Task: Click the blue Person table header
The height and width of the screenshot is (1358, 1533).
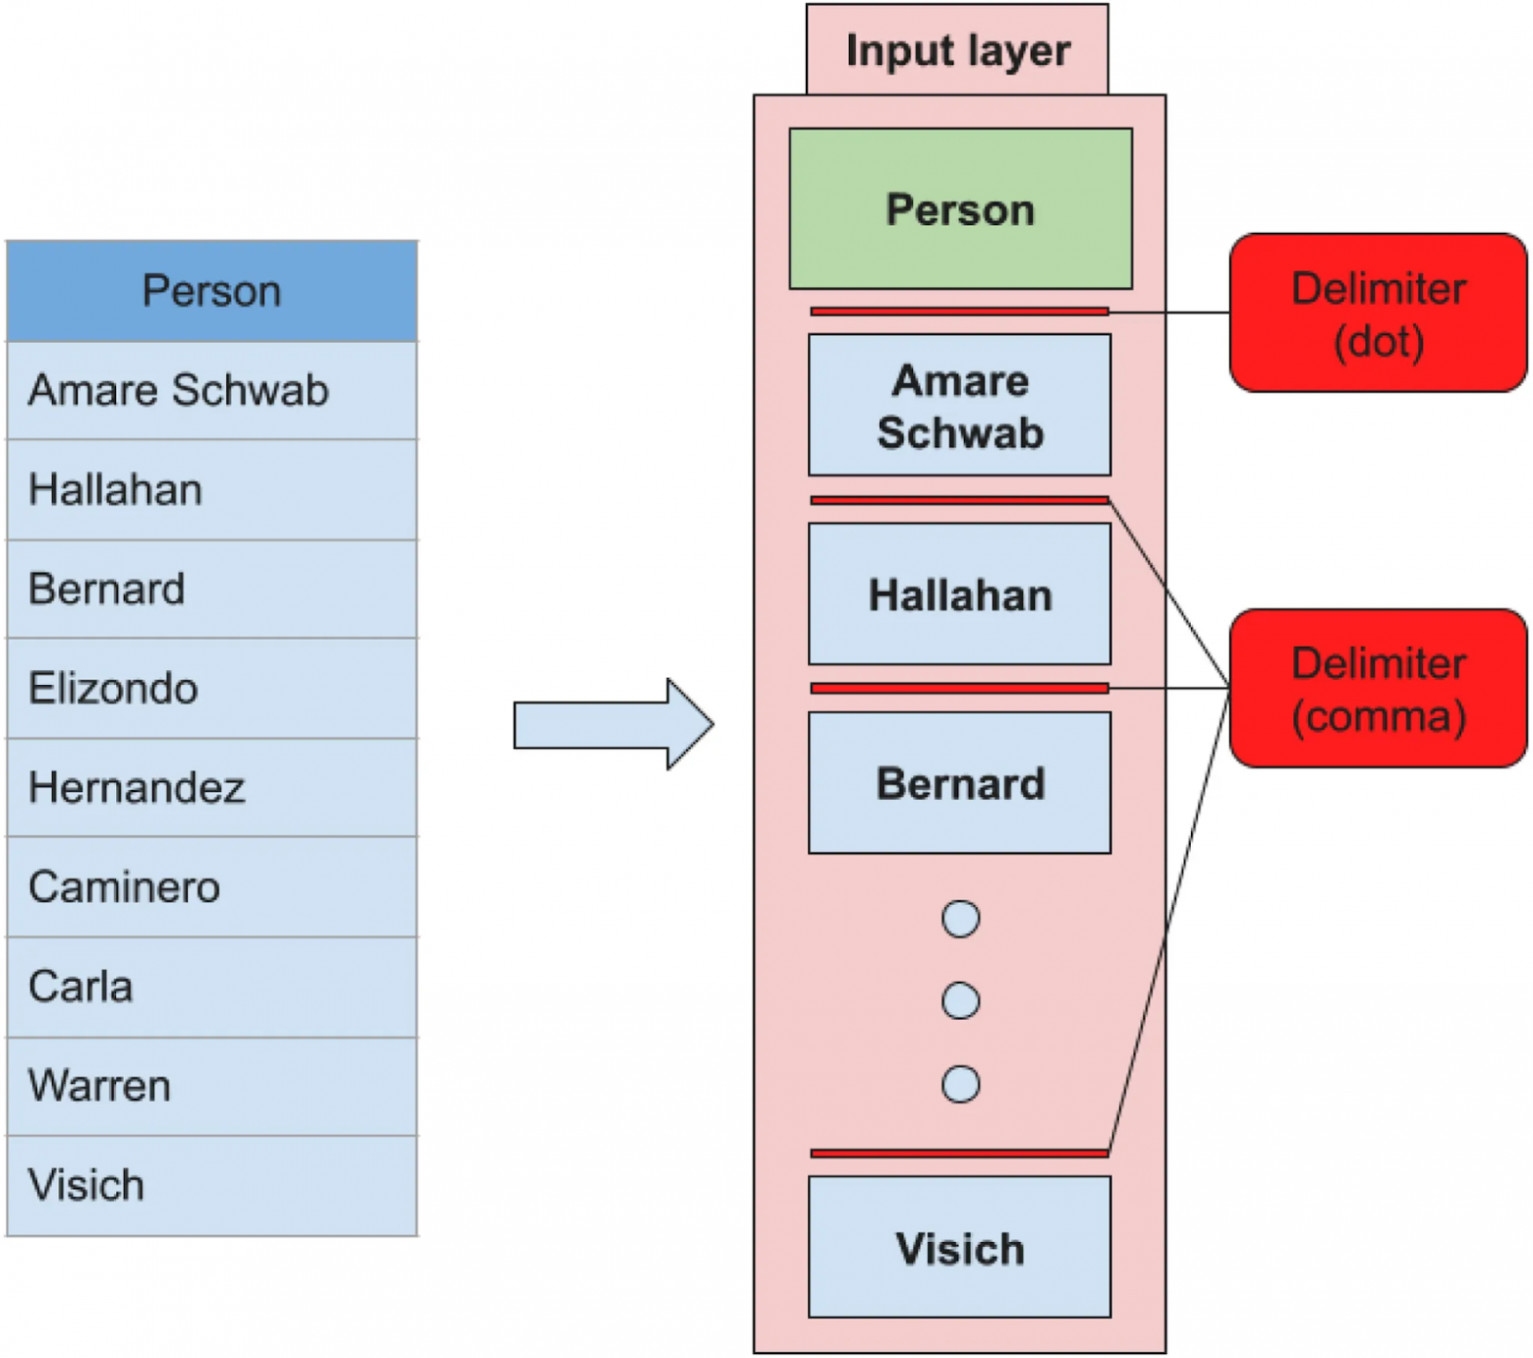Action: pyautogui.click(x=211, y=292)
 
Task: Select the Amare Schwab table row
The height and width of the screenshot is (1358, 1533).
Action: pyautogui.click(x=211, y=391)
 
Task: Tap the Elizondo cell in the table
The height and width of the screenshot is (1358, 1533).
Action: pyautogui.click(x=211, y=688)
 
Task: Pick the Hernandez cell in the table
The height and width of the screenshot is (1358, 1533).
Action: pyautogui.click(x=211, y=787)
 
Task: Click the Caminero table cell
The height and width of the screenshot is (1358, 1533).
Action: pyautogui.click(x=211, y=887)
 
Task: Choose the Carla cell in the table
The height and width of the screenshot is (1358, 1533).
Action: pyautogui.click(x=211, y=987)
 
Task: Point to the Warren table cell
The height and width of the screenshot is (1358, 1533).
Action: pyautogui.click(x=211, y=1086)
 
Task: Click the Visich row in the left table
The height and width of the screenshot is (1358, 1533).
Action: pyautogui.click(x=211, y=1185)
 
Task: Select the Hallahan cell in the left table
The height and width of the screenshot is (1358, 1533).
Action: pyautogui.click(x=211, y=489)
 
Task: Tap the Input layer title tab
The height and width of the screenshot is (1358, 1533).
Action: pyautogui.click(x=957, y=50)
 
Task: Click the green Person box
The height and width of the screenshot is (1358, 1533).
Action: pyautogui.click(x=960, y=209)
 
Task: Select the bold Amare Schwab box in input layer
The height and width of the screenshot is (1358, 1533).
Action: pyautogui.click(x=959, y=405)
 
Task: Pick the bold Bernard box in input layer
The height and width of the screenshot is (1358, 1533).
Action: pyautogui.click(x=959, y=783)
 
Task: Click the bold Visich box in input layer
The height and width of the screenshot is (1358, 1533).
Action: pyautogui.click(x=959, y=1247)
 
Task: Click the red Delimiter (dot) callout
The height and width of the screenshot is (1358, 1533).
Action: pyautogui.click(x=1378, y=313)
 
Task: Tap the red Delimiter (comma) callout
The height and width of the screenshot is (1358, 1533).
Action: pyautogui.click(x=1378, y=689)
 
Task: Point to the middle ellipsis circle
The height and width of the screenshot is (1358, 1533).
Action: pyautogui.click(x=960, y=1001)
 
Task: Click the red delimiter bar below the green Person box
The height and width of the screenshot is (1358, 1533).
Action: pyautogui.click(x=959, y=311)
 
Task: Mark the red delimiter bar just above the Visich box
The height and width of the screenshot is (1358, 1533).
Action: pyautogui.click(x=959, y=1153)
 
